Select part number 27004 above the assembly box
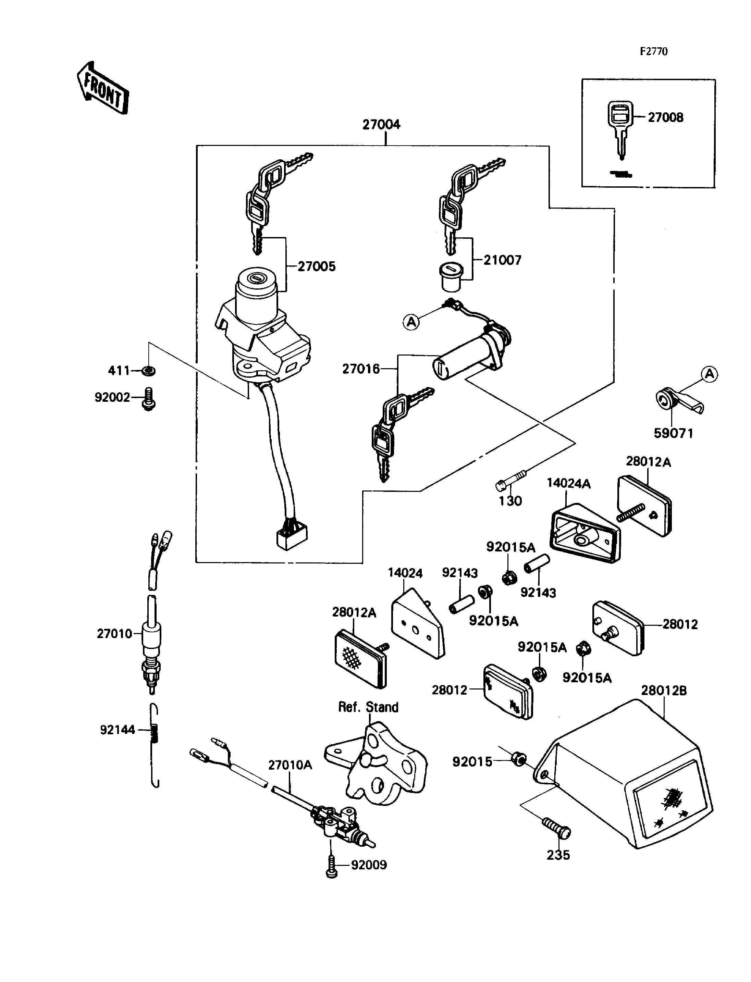pos(381,124)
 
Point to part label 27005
pos(317,266)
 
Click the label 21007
pos(503,260)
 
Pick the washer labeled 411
pos(148,371)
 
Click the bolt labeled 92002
pos(148,399)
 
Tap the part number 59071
pos(673,433)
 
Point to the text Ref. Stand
pos(368,707)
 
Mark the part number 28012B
pos(664,690)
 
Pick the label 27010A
pos(290,765)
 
